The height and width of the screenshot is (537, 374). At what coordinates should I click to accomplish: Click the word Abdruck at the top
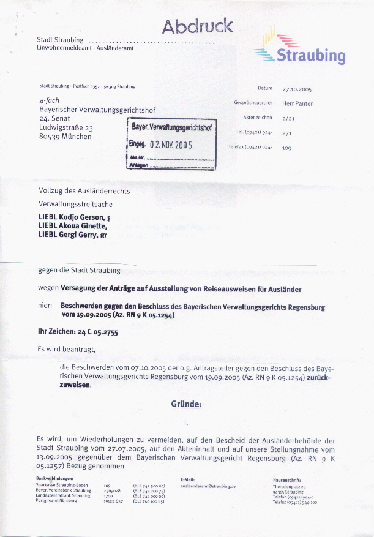point(197,26)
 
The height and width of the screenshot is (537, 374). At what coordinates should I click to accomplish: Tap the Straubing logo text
point(311,56)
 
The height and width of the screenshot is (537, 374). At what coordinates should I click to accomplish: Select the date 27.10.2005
point(297,89)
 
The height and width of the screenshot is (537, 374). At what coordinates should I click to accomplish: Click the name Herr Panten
point(298,103)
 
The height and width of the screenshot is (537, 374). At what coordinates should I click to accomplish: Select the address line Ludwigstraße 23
point(65,127)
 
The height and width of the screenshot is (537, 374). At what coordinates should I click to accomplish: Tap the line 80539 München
point(65,137)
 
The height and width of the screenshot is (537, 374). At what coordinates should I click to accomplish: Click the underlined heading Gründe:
point(186,404)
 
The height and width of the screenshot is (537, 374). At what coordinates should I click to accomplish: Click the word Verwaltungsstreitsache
point(75,204)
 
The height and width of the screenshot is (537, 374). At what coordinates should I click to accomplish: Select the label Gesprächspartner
point(253,103)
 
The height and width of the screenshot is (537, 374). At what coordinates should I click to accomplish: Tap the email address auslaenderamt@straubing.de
point(208,486)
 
